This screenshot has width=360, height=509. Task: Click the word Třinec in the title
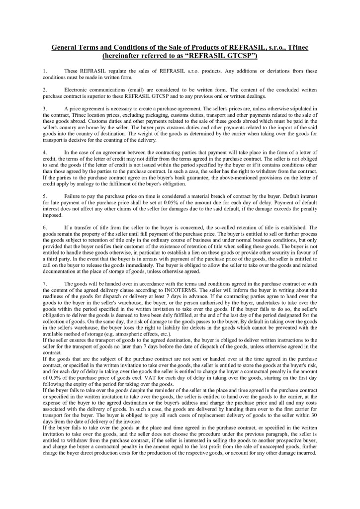(x=294, y=47)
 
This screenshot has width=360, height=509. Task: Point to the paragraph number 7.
(x=45, y=282)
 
